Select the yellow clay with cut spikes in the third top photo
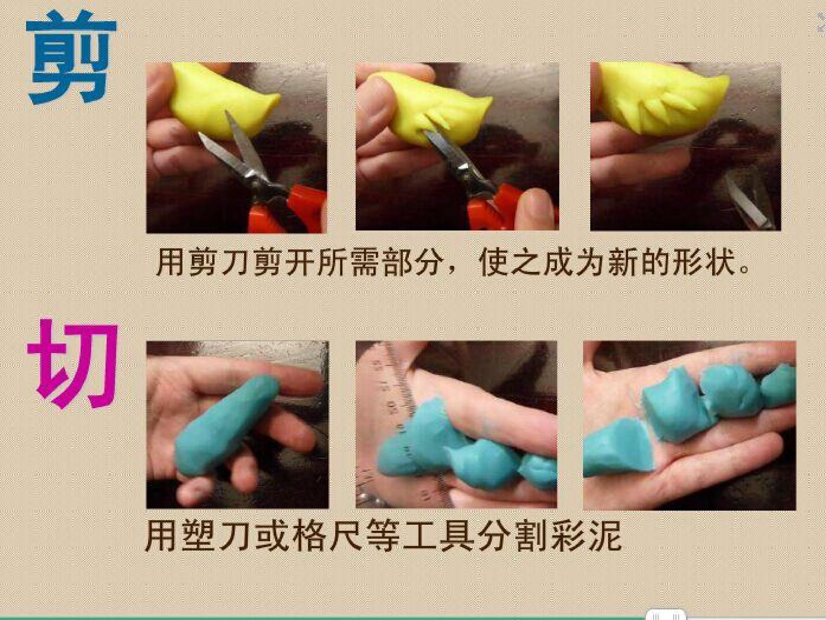(x=661, y=99)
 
